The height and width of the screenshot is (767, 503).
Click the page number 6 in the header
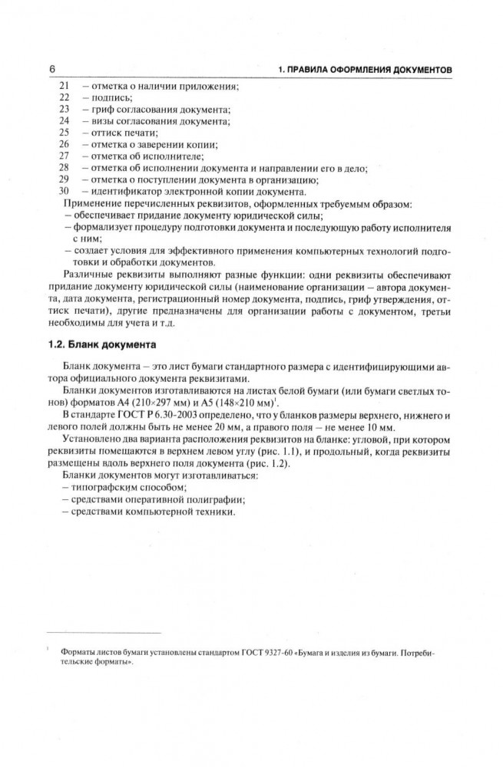click(51, 70)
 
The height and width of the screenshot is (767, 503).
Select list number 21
click(64, 87)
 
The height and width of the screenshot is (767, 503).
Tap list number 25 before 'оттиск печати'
click(64, 133)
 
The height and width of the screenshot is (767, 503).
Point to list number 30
click(64, 190)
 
